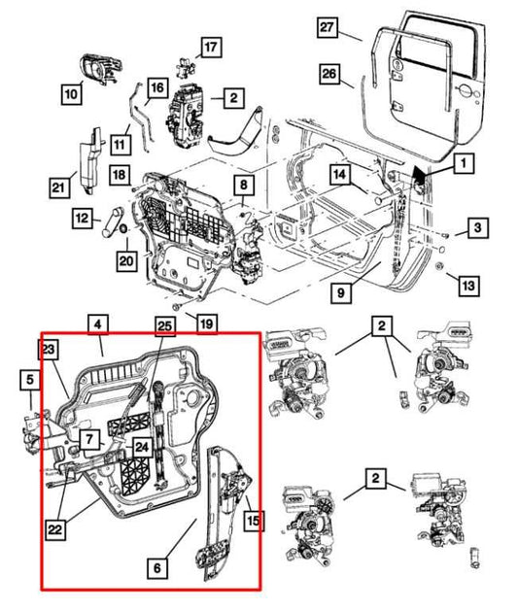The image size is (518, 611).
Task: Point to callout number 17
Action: click(x=211, y=45)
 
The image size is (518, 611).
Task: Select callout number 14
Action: click(x=337, y=175)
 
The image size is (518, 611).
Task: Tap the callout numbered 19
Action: click(x=206, y=322)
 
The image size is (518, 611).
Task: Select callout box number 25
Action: click(x=165, y=328)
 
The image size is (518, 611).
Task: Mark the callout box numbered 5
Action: click(x=30, y=380)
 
